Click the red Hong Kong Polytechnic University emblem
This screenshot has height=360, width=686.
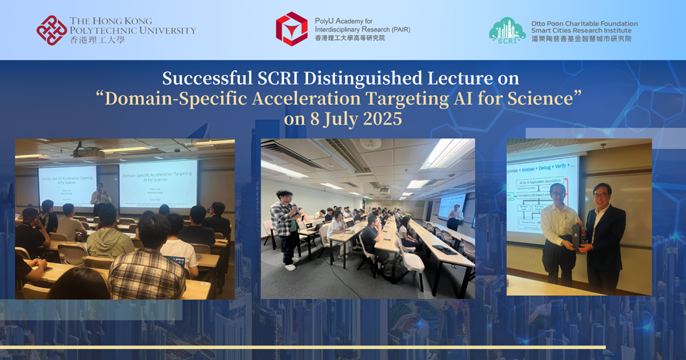click(x=52, y=30)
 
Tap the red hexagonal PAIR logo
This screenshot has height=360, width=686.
click(x=292, y=29)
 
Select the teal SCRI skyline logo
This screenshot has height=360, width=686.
click(x=508, y=30)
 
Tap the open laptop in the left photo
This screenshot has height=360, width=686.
click(x=176, y=261)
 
